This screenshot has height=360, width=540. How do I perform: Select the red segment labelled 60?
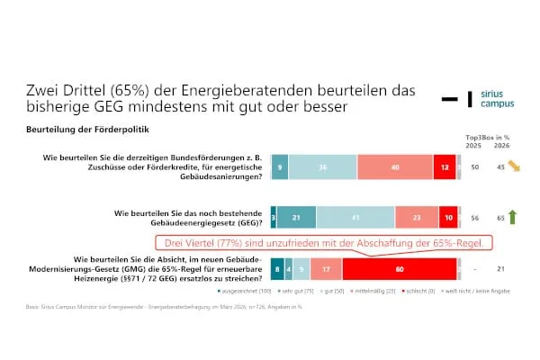tap(400, 267)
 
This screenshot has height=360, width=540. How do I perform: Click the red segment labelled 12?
tap(444, 166)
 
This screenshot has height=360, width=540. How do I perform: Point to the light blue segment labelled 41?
tap(355, 217)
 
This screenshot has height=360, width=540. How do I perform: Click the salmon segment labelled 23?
tap(416, 217)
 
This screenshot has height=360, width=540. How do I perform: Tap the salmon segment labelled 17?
tap(325, 267)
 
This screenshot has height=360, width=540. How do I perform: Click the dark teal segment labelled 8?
tap(276, 267)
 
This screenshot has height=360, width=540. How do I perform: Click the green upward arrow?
tap(512, 217)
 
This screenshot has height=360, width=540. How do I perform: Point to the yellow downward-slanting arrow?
tap(513, 166)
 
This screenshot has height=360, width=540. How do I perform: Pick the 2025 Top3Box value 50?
tap(473, 167)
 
